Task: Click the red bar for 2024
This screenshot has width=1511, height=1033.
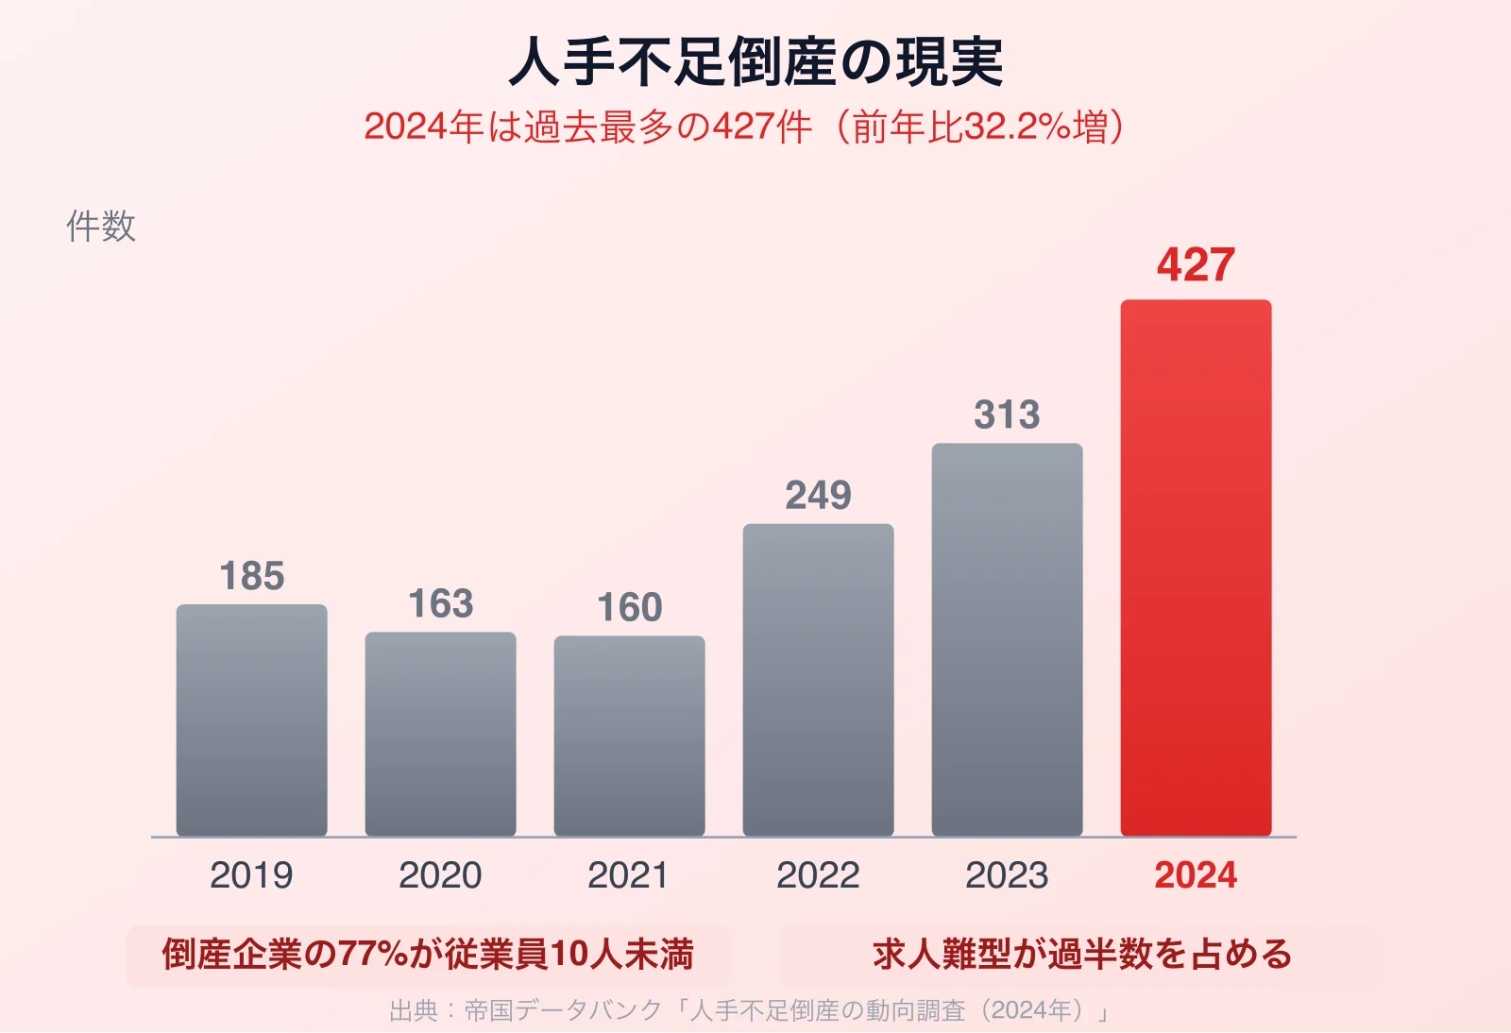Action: click(1196, 567)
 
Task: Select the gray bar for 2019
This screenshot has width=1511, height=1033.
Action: click(251, 720)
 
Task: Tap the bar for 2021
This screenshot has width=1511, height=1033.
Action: click(629, 736)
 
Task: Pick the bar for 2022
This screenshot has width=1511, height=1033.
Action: click(818, 680)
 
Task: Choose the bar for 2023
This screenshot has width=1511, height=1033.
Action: click(1007, 639)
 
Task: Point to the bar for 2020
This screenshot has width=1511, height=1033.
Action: click(440, 734)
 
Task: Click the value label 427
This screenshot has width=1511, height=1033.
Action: click(1196, 265)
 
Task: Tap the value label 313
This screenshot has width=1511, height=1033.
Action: click(1007, 415)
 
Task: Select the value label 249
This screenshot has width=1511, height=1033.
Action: click(818, 496)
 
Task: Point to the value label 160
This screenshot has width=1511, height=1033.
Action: click(629, 608)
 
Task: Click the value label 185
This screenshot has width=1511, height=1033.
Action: click(251, 577)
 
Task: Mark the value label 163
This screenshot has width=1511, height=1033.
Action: click(440, 604)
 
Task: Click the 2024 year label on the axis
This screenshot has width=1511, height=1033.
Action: click(1196, 875)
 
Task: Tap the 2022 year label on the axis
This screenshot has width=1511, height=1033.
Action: click(818, 875)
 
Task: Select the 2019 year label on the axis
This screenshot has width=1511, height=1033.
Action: click(251, 875)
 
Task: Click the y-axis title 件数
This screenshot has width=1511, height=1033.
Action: click(101, 227)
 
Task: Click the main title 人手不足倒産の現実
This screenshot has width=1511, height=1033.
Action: click(755, 62)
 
